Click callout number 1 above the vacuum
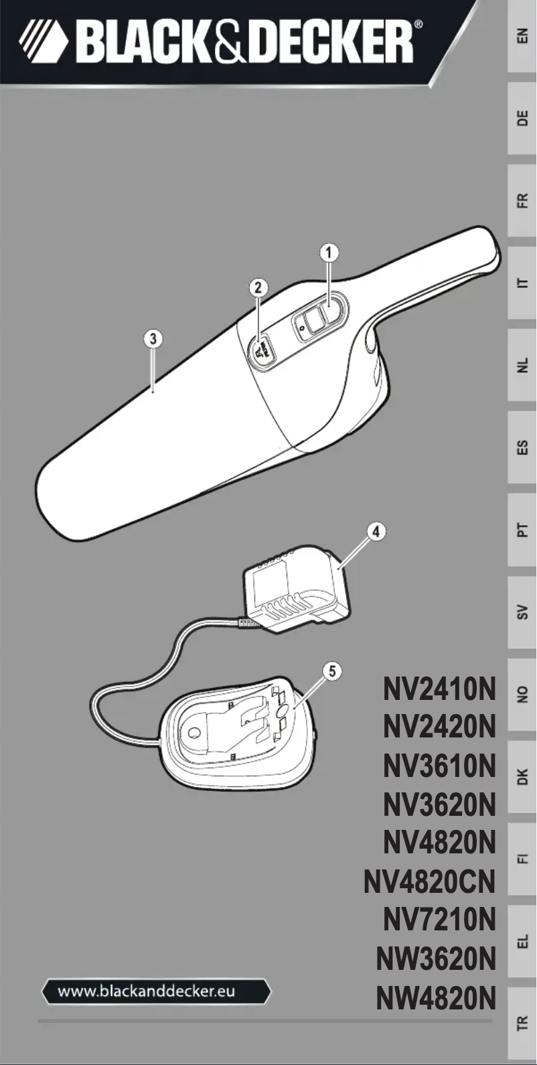point(328,253)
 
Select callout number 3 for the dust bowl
point(153,338)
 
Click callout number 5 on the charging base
point(332,670)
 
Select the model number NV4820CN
point(429,881)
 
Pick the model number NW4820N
point(435,997)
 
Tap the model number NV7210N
point(439,920)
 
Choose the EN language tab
point(522,37)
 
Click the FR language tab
point(522,201)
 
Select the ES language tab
point(522,447)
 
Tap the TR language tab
point(522,1023)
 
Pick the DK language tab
point(522,777)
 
